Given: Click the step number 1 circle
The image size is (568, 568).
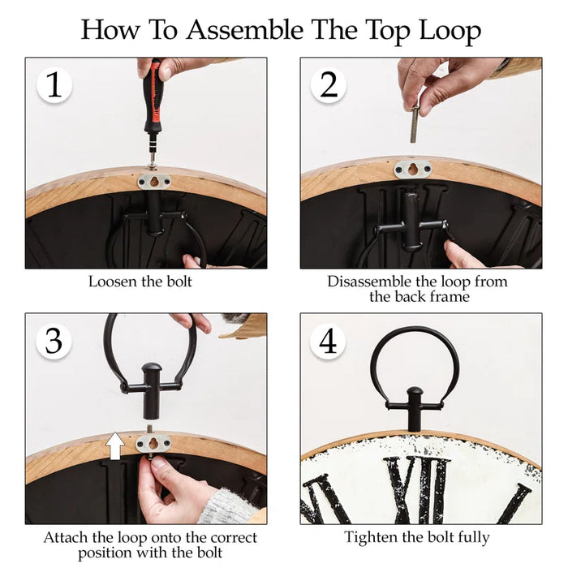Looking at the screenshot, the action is coord(54,85).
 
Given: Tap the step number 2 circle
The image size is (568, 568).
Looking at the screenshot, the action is coord(329,85).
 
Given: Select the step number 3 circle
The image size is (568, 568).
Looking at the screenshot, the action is coord(54,342).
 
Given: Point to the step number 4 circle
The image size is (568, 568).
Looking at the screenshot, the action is coord(328,342).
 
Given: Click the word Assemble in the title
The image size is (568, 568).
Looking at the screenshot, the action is coord(245,30).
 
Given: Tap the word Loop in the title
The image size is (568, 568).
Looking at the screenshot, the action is coord(450,32).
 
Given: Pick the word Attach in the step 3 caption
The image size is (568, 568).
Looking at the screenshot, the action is coord(66,537).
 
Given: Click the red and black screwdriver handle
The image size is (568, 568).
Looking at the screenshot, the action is coord(153,97).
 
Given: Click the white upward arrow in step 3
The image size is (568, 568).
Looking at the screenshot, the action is coord(115,445).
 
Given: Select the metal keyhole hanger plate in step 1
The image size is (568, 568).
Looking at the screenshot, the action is coord(154,182).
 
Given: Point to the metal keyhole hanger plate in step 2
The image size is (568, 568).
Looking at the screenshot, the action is coord(412,169).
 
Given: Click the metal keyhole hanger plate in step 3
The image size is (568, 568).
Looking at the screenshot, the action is coord(153,443).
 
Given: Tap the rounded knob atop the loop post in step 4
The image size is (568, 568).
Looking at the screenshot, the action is coord(415,392).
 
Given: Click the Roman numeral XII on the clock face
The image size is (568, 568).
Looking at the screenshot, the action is coord(416,490).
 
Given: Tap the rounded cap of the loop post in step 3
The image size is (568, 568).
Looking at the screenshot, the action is coord(151,368).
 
